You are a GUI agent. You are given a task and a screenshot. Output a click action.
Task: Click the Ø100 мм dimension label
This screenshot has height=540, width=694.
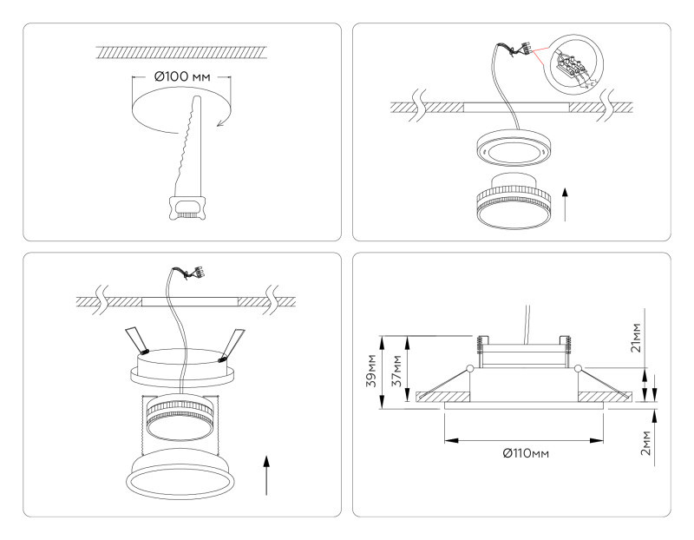click(x=181, y=76)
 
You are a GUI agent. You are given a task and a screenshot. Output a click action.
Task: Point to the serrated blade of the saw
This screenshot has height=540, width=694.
click(x=189, y=143)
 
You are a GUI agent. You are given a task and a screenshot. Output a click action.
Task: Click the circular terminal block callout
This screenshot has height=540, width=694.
click(x=579, y=63)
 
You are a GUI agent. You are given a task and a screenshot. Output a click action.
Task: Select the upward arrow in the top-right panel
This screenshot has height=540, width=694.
click(x=566, y=202)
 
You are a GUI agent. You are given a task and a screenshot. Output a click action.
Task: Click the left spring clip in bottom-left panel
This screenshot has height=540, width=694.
click(x=136, y=341)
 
